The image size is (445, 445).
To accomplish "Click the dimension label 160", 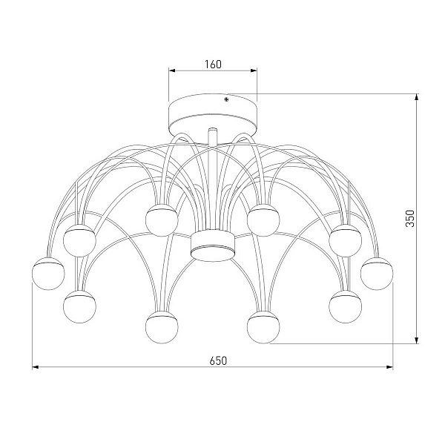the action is pos(213,65).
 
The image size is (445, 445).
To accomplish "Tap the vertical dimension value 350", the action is pos(410,218).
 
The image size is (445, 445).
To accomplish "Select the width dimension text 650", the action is pos(218,360).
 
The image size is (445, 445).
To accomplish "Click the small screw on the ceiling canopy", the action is pos(226,99).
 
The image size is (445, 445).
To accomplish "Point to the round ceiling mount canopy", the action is pos(213,115).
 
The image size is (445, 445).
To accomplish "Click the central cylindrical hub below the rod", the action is pos(213,245).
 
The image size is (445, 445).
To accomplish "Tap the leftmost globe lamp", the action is pos(48,273).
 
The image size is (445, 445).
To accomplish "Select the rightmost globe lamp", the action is pos(377,273).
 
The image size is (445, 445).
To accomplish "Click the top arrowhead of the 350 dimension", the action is pos(416,96).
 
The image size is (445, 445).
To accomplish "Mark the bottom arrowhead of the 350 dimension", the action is pos(416,340).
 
